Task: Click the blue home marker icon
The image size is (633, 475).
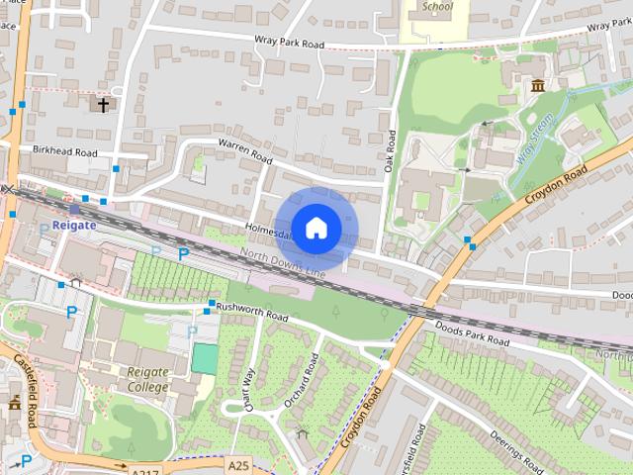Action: point(316,229)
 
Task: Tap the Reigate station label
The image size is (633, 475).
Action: point(74,225)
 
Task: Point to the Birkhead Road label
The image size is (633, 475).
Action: point(64,152)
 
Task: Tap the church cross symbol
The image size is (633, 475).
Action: point(103,104)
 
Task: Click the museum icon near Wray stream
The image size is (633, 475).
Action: point(537,87)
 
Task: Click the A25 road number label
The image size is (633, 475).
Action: point(237,464)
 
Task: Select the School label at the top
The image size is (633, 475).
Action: point(436,6)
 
